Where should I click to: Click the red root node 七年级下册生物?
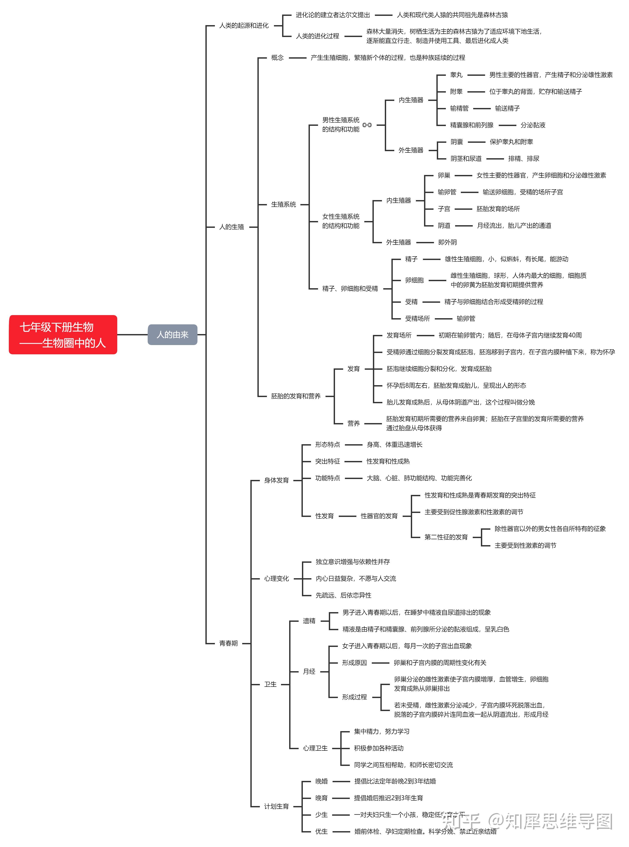[x=63, y=335]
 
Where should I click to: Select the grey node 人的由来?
[x=173, y=335]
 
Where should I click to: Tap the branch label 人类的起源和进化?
[x=244, y=26]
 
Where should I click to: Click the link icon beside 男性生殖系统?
[x=367, y=125]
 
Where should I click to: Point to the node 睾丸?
[x=456, y=75]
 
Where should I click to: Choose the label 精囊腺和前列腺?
[x=471, y=125]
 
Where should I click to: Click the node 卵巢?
[x=444, y=175]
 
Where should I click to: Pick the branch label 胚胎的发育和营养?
[x=296, y=396]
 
